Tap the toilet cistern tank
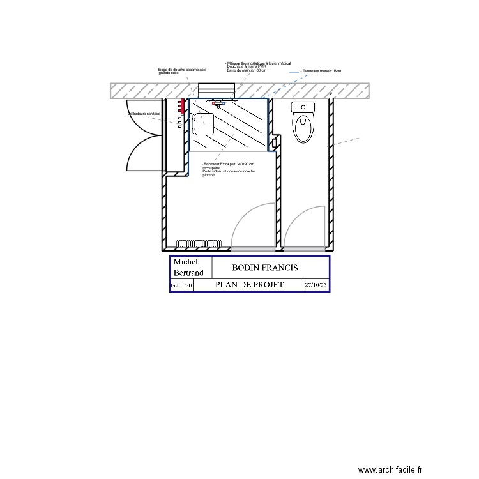[x=303, y=107]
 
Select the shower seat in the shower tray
[x=202, y=123]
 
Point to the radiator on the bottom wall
[x=199, y=243]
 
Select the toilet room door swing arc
[x=303, y=227]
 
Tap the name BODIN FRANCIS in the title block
[x=264, y=268]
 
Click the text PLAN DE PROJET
[x=249, y=285]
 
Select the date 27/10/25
[x=316, y=285]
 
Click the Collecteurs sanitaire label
[x=144, y=114]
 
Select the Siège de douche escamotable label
[x=181, y=71]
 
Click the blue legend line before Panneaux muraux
[x=294, y=72]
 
